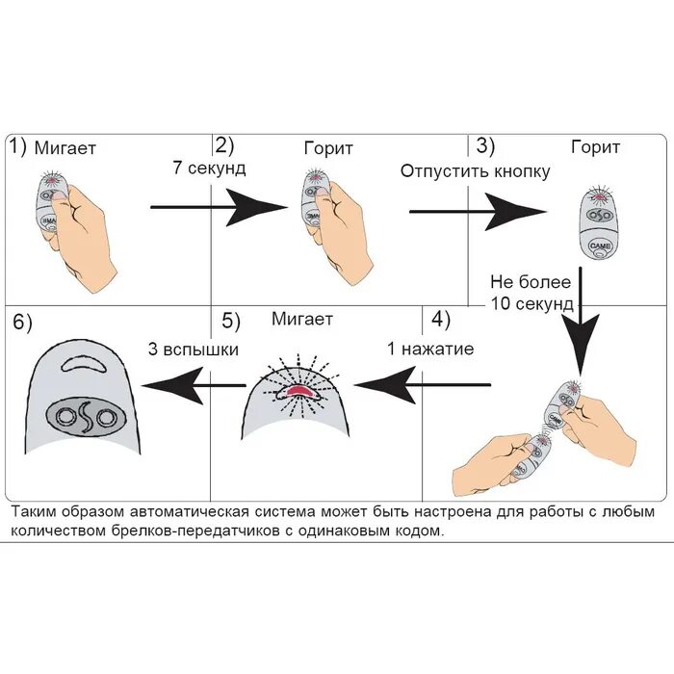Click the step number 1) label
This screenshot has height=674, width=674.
pos(18,147)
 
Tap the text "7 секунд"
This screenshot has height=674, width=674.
pos(209,169)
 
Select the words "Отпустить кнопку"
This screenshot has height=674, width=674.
pos(475,171)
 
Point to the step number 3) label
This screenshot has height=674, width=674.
pos(485,146)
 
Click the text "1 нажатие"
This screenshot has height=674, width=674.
pos(430,349)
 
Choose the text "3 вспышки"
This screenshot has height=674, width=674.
pos(193,349)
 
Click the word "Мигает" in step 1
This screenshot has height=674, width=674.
pos(65,148)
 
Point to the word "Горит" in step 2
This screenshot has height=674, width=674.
pos(327,148)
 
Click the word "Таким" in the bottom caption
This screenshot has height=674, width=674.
pos(37,511)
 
